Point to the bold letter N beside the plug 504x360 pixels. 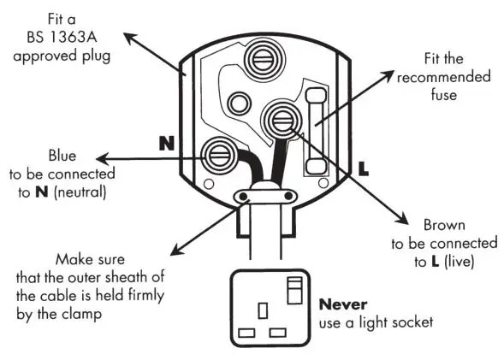coord(166,143)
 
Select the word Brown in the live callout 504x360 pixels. coord(444,226)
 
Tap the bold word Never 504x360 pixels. coord(342,304)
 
